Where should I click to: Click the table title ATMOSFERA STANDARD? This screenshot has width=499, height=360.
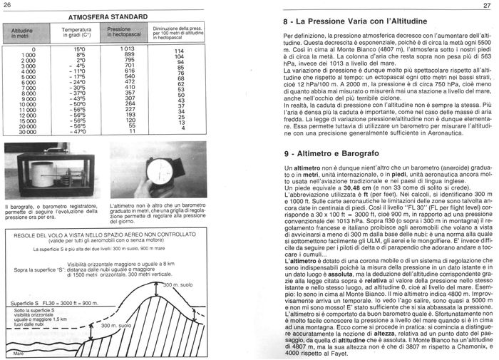coord(108,16)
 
